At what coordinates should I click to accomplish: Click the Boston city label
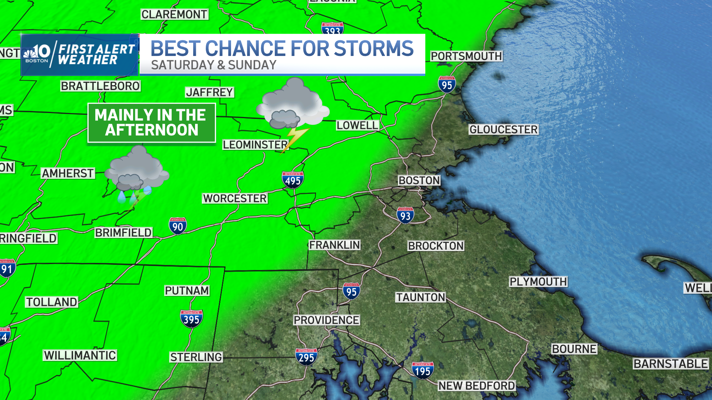point(419,180)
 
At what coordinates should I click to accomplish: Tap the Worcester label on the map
point(235,199)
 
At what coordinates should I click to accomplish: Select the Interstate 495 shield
point(293,180)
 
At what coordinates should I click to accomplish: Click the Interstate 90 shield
point(178,226)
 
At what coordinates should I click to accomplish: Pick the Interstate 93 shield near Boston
point(405,215)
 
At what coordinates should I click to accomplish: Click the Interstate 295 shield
point(306,357)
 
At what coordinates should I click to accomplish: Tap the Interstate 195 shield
point(422,370)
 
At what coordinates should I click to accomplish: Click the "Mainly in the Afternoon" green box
point(151,123)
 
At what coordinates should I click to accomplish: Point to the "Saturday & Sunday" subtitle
point(214,65)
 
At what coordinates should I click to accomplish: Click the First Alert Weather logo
point(79,55)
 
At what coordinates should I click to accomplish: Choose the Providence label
point(326,320)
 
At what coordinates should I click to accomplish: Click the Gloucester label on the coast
point(503,130)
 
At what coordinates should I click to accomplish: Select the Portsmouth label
point(466,56)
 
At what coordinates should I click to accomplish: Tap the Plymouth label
point(538,282)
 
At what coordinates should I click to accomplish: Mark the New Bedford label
point(477,386)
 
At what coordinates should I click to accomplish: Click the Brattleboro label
point(100,86)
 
